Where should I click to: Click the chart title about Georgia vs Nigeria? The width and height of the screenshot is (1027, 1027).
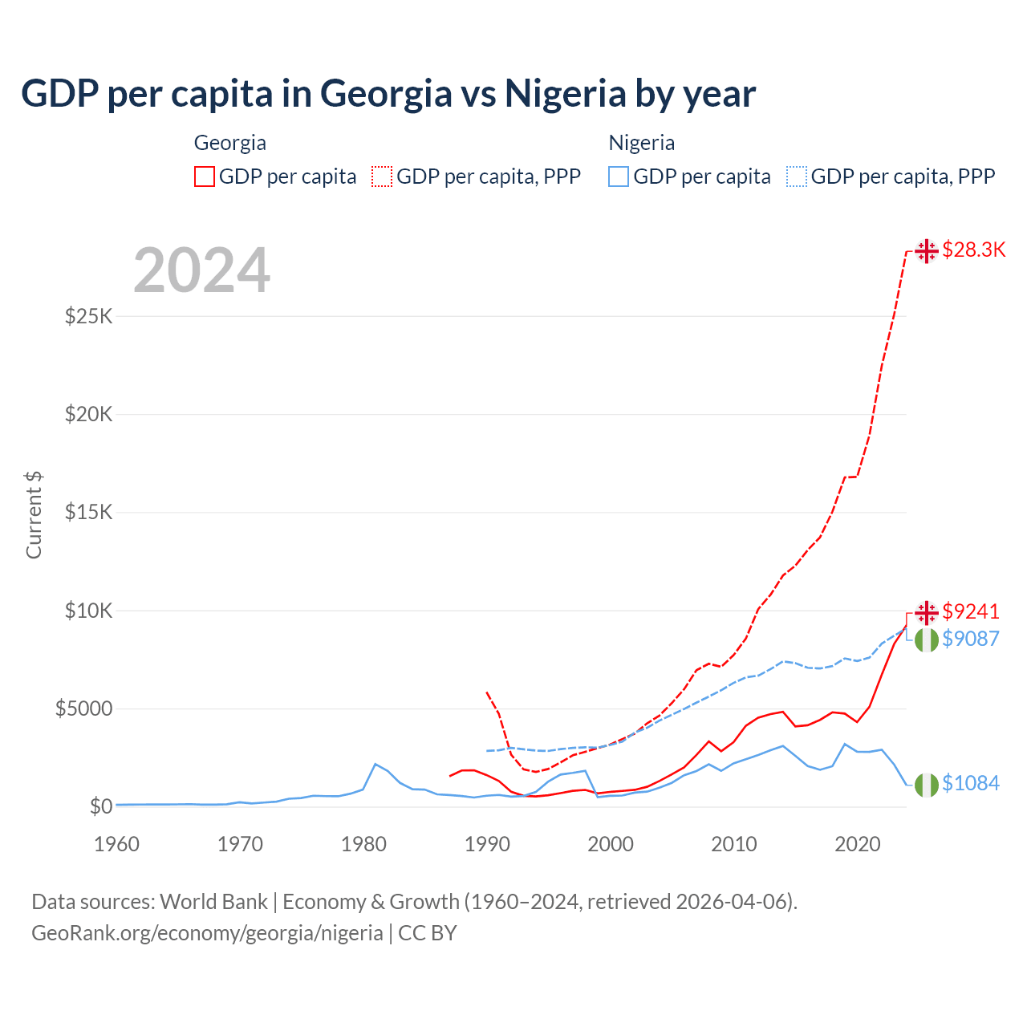[x=388, y=93]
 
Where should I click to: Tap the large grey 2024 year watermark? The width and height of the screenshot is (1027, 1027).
[x=201, y=270]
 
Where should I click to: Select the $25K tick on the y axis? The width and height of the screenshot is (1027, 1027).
[x=88, y=316]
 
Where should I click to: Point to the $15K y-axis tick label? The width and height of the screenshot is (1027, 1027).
[x=88, y=512]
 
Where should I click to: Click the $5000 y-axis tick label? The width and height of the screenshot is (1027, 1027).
[x=83, y=708]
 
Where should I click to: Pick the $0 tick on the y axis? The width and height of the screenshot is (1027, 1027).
[x=100, y=806]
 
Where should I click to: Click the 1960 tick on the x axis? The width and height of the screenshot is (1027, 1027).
[x=117, y=844]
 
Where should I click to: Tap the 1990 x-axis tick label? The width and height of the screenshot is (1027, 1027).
[x=487, y=844]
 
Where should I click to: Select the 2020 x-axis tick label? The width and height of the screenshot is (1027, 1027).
[x=858, y=844]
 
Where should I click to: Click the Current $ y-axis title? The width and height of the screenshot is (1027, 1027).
[x=34, y=515]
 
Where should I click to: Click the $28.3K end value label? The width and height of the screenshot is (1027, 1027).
[x=973, y=250]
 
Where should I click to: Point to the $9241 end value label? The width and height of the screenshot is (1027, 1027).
[x=971, y=611]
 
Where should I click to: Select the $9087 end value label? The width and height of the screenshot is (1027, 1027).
[x=971, y=639]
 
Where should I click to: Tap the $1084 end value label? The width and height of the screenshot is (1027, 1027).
[x=971, y=783]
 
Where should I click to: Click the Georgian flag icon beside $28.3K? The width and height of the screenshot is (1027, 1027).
[x=927, y=251]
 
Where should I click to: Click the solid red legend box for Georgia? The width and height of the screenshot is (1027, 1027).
[x=205, y=177]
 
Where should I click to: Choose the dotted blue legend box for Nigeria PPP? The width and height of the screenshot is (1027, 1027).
[x=797, y=177]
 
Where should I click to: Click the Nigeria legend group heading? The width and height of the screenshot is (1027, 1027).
[x=642, y=143]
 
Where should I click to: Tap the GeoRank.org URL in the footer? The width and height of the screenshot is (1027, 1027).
[x=207, y=933]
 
